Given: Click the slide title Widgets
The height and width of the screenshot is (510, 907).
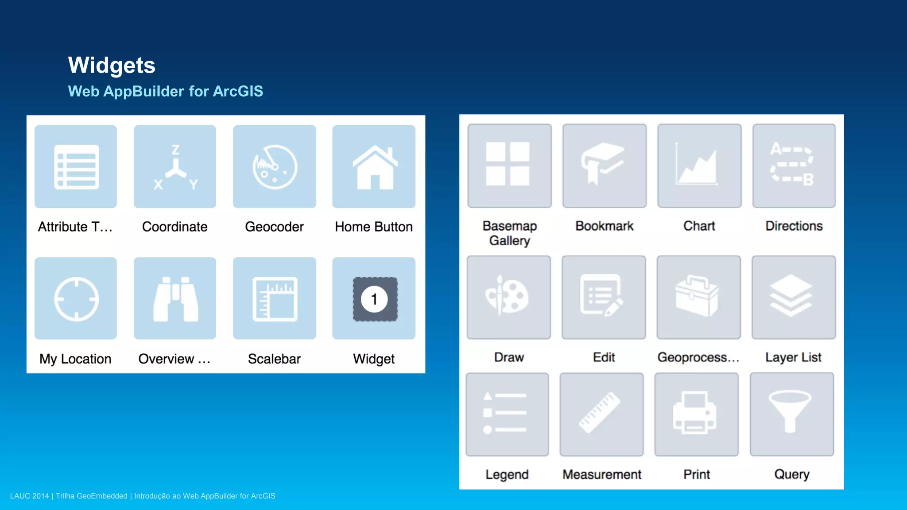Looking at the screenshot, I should [112, 66].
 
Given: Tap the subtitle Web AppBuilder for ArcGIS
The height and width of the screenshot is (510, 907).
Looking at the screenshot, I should [165, 91].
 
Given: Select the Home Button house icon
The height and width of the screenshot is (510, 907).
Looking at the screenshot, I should [374, 167].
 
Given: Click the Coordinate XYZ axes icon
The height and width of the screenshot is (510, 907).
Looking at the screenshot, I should [175, 168].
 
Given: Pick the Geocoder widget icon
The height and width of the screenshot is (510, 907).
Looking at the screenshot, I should [275, 167].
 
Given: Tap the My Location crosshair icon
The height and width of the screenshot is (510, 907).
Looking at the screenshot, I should [76, 299].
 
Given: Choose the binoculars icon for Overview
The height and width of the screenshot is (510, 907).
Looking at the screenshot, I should [175, 299].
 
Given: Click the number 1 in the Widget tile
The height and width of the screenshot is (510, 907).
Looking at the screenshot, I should [374, 299].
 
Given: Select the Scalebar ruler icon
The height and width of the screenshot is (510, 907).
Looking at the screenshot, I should [275, 299].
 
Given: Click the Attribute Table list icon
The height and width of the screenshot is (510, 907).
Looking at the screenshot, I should [76, 167].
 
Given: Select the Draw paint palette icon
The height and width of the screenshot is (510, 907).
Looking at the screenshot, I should [507, 295].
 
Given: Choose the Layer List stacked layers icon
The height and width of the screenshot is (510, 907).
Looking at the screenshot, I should [791, 295].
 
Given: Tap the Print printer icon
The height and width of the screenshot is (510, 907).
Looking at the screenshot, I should [694, 413].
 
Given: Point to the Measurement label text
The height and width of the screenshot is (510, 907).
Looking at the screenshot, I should [601, 475].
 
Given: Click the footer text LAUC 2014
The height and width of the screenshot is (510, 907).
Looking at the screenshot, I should [29, 496].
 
